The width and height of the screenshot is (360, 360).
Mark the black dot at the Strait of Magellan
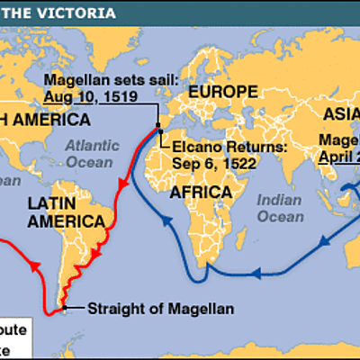[x=65, y=310]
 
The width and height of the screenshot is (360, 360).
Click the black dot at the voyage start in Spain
[x=157, y=125]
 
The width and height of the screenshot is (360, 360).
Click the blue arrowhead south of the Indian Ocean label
[x=256, y=270]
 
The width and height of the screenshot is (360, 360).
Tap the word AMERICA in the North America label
[x=58, y=120]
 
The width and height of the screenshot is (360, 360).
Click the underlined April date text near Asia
[x=338, y=154]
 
